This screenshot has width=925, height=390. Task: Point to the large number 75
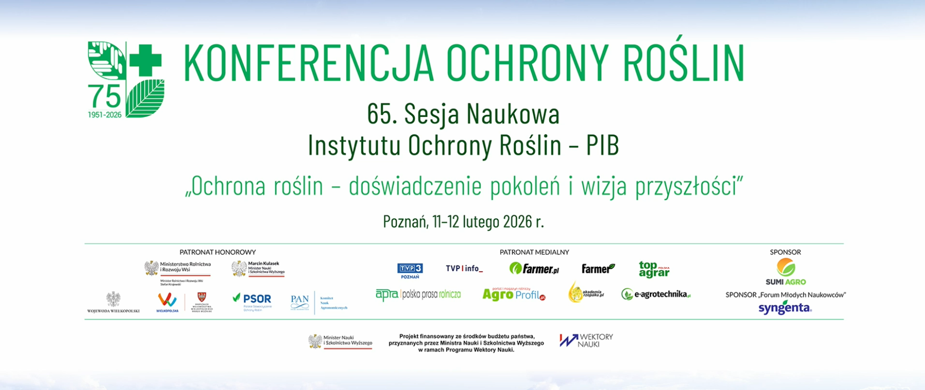(x=105, y=96)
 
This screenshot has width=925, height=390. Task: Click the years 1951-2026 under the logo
(x=105, y=115)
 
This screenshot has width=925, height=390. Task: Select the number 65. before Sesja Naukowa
(x=382, y=115)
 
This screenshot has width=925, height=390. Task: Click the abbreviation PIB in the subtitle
(x=602, y=145)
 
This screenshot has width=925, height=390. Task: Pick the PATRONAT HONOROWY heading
(x=217, y=252)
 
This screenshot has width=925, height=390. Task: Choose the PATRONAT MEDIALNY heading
(x=534, y=252)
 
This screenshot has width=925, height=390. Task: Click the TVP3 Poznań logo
(x=410, y=270)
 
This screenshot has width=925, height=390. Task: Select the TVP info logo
(x=464, y=269)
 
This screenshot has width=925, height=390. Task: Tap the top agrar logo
(x=654, y=269)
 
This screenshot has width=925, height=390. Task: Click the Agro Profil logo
(x=514, y=294)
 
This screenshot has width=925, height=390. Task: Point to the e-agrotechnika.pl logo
(x=656, y=294)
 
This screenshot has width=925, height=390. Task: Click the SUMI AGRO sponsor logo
(x=785, y=272)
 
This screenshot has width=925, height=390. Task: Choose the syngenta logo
(x=785, y=308)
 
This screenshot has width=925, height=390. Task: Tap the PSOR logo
(x=252, y=300)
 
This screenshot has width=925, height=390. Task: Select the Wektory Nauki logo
(x=586, y=340)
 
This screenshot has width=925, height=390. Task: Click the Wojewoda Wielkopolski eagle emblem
(x=113, y=299)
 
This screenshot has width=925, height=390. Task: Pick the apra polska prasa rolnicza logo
(x=418, y=294)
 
